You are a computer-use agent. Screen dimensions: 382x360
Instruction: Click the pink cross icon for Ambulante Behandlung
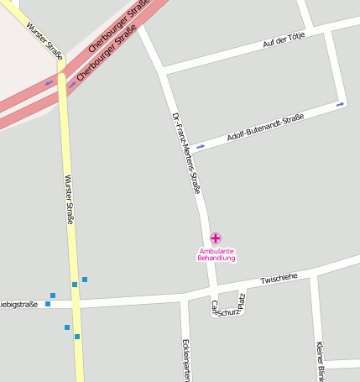coord(216,238)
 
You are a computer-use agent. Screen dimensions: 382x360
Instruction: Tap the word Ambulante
coord(217,251)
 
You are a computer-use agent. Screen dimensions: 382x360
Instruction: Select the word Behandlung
coord(217,259)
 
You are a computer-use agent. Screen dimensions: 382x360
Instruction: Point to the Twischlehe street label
coord(279,278)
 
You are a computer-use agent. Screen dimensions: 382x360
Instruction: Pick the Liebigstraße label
coord(18,305)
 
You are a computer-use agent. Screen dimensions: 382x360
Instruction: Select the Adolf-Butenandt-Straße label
coord(265,128)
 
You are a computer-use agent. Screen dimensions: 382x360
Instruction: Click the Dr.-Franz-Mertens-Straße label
coord(185,153)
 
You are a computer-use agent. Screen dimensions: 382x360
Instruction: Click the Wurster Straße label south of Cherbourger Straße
coord(69,199)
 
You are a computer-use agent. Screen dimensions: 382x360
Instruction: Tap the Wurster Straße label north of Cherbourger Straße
coord(44,38)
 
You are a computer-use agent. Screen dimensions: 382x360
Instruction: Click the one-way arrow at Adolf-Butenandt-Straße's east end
coord(340,105)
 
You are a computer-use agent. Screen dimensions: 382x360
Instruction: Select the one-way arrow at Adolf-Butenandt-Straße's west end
coord(200,147)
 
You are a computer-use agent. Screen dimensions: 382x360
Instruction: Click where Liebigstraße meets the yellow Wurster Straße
coord(76,302)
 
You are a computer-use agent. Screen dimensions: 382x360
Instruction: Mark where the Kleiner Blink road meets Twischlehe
coord(312,275)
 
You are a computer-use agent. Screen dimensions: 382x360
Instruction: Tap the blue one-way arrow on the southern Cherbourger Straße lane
coord(72,85)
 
